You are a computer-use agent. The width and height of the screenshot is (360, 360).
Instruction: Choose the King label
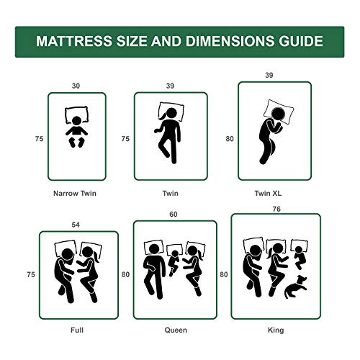[x=275, y=330]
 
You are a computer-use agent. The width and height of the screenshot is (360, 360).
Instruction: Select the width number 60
[x=174, y=215]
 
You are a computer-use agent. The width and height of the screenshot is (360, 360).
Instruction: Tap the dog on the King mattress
[x=293, y=289]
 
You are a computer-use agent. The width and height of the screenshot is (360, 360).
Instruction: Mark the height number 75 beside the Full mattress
[x=30, y=274]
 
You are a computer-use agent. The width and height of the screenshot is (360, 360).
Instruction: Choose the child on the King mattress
[x=298, y=256]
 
